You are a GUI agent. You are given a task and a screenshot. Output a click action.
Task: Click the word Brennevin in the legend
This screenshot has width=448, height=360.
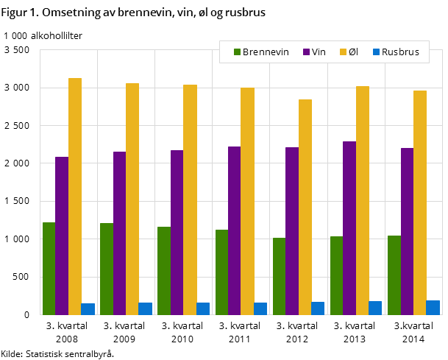[x=266, y=52]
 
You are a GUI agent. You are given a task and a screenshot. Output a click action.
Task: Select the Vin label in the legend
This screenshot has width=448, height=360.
[x=319, y=52]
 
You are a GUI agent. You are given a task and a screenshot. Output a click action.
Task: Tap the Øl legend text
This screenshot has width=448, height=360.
[x=353, y=52]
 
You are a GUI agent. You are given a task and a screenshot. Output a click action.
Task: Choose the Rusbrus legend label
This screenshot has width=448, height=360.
[x=400, y=52]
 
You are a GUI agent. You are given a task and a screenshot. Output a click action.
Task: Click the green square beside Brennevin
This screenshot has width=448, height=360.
[x=238, y=52]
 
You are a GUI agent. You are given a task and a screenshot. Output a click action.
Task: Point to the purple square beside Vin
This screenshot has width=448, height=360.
[x=306, y=52]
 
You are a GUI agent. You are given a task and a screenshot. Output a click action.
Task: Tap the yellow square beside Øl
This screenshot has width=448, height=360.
[x=343, y=52]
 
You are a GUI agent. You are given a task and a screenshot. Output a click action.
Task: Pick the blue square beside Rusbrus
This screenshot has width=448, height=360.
[x=376, y=52]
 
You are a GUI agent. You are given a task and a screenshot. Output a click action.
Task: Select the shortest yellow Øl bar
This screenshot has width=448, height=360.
[x=305, y=207]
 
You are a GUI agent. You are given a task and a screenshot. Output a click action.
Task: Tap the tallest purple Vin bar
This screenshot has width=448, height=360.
[x=349, y=227]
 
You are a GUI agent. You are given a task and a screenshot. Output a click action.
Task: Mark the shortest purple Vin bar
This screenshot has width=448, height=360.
[x=62, y=236]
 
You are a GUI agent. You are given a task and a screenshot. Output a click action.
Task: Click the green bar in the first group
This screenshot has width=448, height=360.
[x=49, y=268]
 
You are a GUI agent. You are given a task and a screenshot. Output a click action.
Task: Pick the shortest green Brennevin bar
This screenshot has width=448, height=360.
[x=279, y=276]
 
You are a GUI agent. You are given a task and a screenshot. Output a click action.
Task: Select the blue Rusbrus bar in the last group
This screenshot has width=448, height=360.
[x=433, y=308]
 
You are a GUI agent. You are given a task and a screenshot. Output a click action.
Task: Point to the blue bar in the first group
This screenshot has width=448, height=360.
[x=88, y=309]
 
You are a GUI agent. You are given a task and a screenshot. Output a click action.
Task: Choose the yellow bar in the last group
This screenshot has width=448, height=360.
[x=420, y=202]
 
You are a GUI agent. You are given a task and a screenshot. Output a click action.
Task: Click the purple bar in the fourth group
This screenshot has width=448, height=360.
[x=234, y=230]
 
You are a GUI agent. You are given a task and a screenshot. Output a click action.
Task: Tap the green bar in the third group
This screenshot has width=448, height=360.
[x=163, y=270]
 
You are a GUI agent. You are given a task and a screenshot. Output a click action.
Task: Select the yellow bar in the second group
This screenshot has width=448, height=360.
[x=132, y=199]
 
